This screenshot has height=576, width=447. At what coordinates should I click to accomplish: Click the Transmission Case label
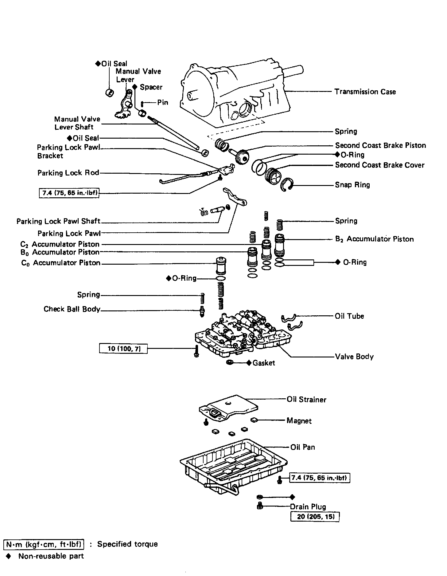[365, 92]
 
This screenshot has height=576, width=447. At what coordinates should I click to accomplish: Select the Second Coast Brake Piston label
[380, 145]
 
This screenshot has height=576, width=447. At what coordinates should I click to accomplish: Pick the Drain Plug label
[308, 507]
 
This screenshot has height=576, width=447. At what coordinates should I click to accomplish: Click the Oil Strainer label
[306, 400]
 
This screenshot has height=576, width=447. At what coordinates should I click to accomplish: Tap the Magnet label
[299, 420]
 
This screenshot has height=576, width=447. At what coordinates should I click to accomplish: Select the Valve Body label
[354, 357]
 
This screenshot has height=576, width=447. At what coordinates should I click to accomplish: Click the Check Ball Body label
[72, 309]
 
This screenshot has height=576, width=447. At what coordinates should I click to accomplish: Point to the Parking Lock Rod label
[68, 173]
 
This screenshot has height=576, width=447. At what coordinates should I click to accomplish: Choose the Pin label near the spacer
[163, 102]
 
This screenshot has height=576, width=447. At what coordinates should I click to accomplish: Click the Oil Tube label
[349, 316]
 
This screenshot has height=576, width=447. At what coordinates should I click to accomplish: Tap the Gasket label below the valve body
[263, 363]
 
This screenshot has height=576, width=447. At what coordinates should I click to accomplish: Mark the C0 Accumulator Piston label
[61, 263]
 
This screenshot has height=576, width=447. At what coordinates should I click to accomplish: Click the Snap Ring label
[352, 185]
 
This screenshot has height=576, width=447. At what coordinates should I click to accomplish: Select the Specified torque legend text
[127, 544]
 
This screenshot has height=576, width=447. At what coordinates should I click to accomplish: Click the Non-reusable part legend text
[51, 556]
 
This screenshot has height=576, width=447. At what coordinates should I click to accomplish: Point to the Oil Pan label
[303, 447]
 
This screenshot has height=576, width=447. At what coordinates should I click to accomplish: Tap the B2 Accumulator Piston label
[375, 239]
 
